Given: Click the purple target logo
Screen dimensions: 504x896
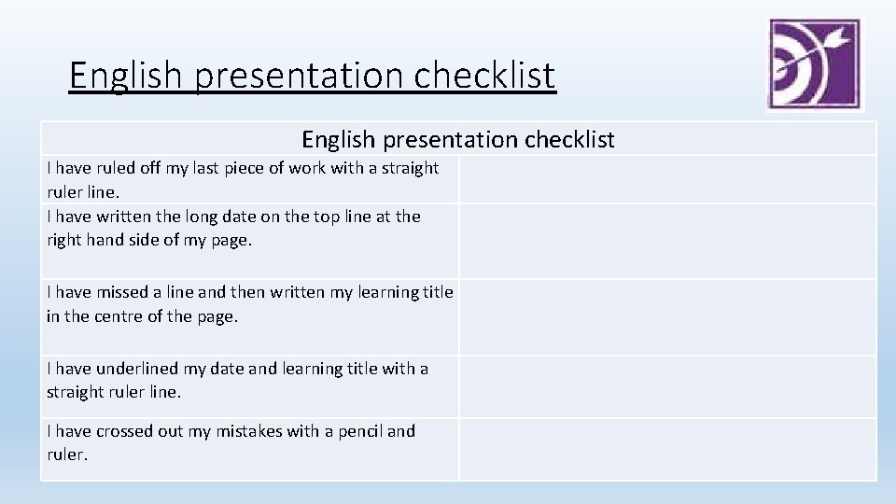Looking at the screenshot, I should click(x=814, y=64).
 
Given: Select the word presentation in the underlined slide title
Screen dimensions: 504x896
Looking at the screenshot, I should click(x=305, y=75).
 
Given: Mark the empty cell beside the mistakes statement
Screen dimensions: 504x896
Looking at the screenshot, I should click(x=667, y=449).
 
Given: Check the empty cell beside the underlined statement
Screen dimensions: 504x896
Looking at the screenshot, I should click(x=667, y=385).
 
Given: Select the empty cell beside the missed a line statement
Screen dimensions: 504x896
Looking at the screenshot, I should click(x=667, y=316).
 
